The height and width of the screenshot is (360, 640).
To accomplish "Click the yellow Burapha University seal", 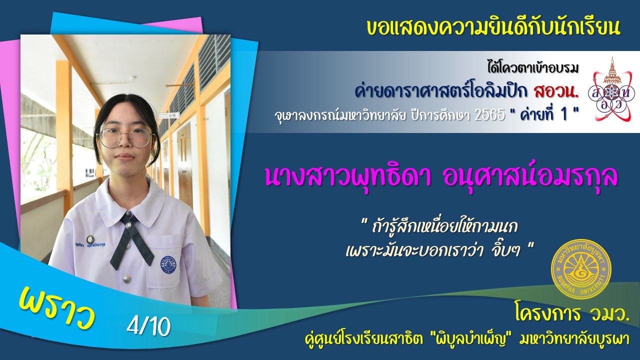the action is (x=581, y=269).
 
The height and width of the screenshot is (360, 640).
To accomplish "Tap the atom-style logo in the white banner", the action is (x=611, y=89).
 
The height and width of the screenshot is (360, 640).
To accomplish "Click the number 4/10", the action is (x=148, y=326).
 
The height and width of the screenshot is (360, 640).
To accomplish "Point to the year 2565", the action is (x=489, y=115).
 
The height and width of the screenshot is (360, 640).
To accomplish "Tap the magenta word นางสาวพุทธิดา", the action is (x=348, y=176).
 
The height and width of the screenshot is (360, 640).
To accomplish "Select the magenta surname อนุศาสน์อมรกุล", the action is (x=530, y=176).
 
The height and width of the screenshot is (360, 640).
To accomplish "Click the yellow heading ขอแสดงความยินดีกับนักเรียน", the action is (x=493, y=27).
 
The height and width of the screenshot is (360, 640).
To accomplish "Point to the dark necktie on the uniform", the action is (x=131, y=240).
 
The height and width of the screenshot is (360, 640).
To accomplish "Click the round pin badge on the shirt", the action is (x=90, y=239).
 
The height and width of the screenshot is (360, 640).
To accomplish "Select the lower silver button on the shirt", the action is (x=127, y=277).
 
